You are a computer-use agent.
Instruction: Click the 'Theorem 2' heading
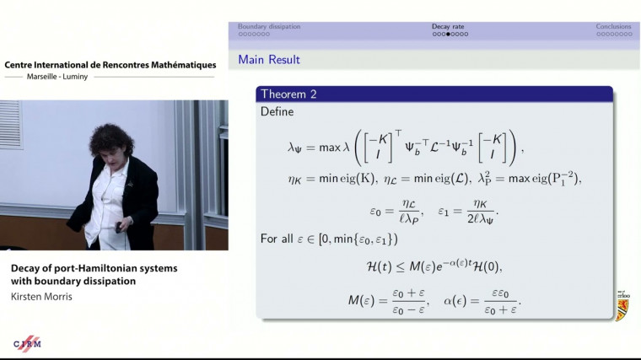(x=288, y=94)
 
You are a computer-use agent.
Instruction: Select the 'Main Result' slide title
(x=269, y=60)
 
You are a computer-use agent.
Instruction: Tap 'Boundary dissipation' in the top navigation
(x=269, y=26)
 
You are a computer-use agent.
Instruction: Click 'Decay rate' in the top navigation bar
(x=448, y=26)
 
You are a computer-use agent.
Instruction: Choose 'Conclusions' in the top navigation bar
(x=613, y=26)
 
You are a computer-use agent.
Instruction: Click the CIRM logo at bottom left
(x=27, y=344)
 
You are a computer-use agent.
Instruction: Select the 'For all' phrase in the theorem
(x=279, y=239)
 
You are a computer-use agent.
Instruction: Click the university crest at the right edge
(x=622, y=305)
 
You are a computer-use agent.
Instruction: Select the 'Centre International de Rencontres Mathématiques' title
(x=110, y=65)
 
